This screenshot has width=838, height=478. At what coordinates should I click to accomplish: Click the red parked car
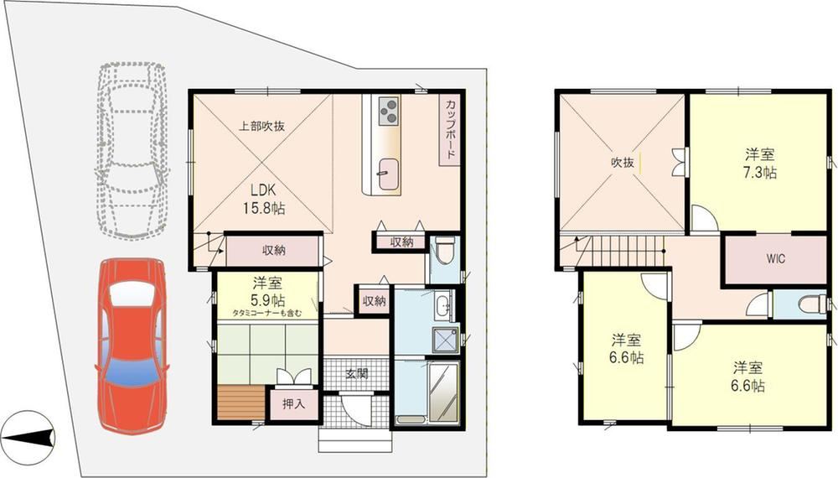131,345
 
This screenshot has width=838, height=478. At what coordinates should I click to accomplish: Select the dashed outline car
132,150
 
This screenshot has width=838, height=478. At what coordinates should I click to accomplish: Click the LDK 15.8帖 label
263,199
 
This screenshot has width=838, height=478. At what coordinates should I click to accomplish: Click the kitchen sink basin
389,174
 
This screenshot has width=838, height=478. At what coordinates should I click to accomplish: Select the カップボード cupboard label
450,129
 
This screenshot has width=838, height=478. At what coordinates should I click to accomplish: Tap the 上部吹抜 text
261,127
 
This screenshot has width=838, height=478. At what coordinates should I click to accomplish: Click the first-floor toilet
444,252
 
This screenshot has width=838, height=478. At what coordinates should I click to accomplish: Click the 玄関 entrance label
356,374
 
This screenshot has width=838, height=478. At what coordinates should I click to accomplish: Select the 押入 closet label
293,404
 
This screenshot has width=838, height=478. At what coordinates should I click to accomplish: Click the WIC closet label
775,259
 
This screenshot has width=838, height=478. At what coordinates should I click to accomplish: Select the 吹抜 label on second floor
623,163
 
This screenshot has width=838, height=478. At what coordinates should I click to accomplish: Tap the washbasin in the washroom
443,307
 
